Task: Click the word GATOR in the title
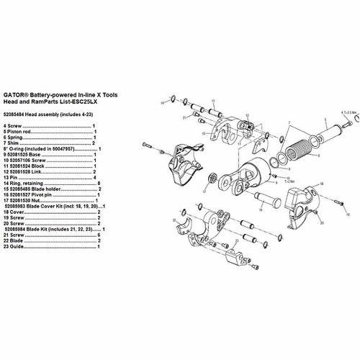coord(17,94)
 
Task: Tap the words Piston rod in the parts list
coord(25,132)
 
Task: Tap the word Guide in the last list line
coord(17,245)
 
